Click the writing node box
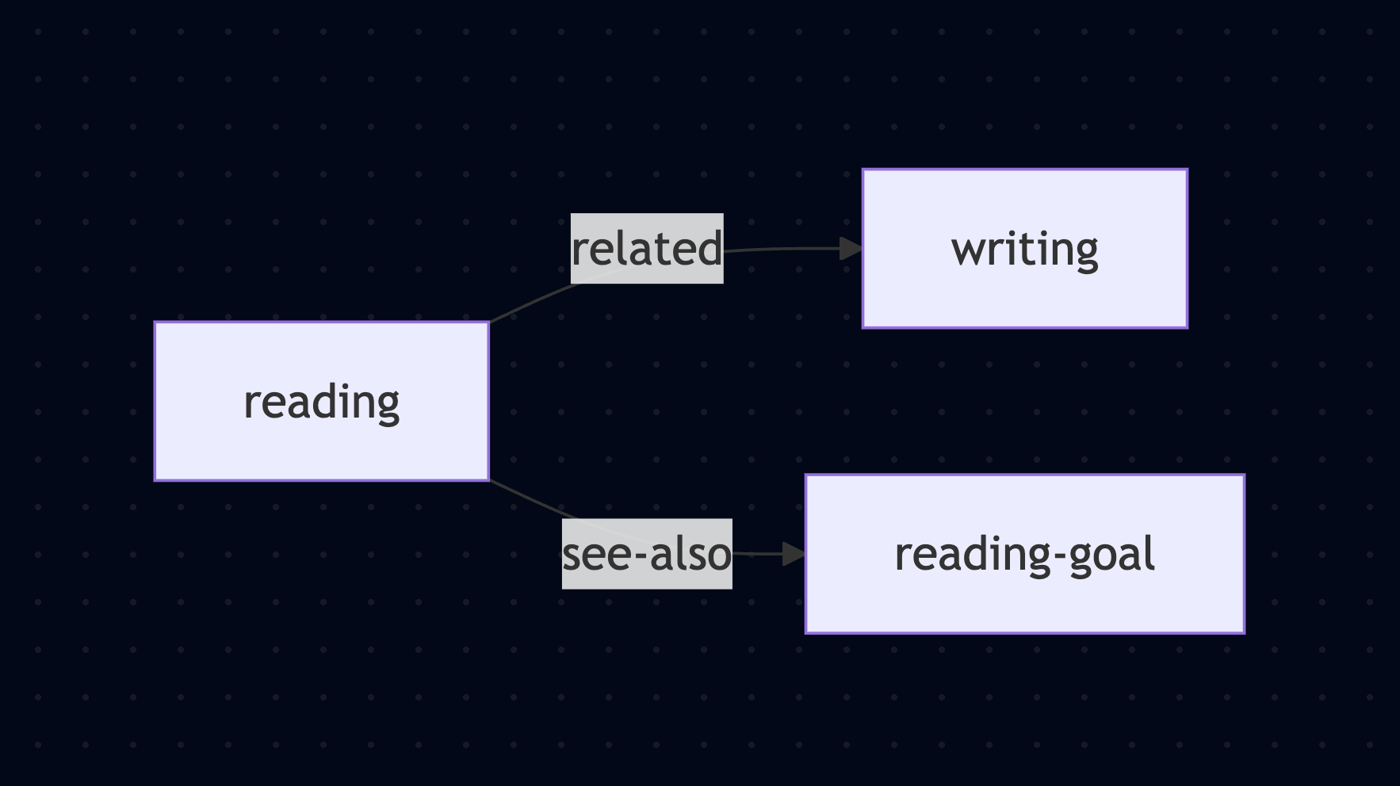[x=1024, y=248]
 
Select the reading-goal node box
[x=1024, y=554]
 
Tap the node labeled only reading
[x=321, y=401]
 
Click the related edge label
[x=647, y=248]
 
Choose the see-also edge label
[x=647, y=554]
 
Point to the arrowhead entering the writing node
[x=851, y=249]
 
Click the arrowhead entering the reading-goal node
[x=794, y=554]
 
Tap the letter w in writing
[x=966, y=250]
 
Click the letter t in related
[x=671, y=248]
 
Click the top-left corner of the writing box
[x=863, y=170]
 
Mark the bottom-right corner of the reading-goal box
[x=1244, y=632]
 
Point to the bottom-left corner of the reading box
[x=155, y=479]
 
